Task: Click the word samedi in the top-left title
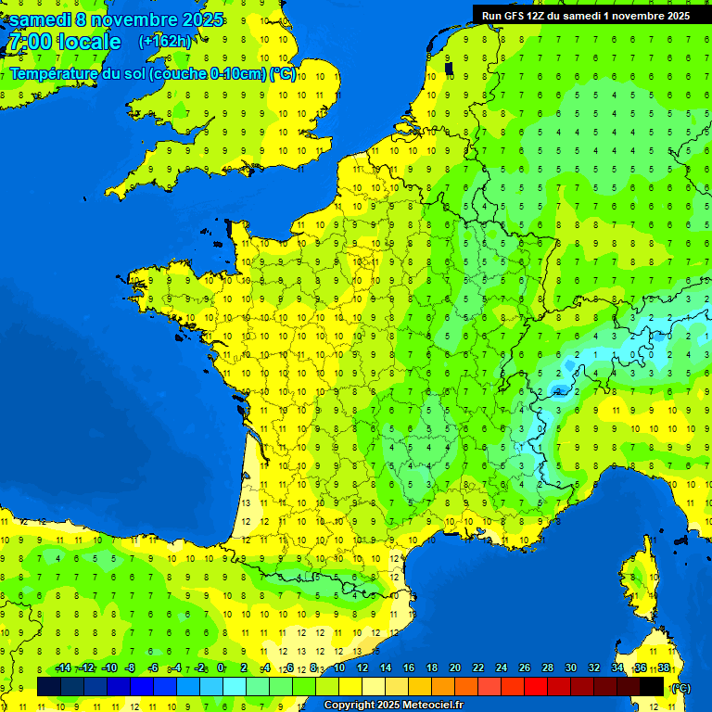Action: click(41, 19)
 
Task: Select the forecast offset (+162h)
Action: click(165, 42)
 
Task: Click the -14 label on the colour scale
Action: click(63, 667)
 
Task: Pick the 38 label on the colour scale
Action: click(664, 667)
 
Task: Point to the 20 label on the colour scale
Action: click(455, 667)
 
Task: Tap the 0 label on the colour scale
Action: click(221, 667)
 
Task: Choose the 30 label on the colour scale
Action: click(571, 667)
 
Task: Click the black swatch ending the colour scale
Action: click(652, 686)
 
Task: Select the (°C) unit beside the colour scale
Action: click(680, 688)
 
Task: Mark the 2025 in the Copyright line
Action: click(386, 706)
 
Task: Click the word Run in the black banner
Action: click(492, 16)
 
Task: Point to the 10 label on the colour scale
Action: click(338, 667)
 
